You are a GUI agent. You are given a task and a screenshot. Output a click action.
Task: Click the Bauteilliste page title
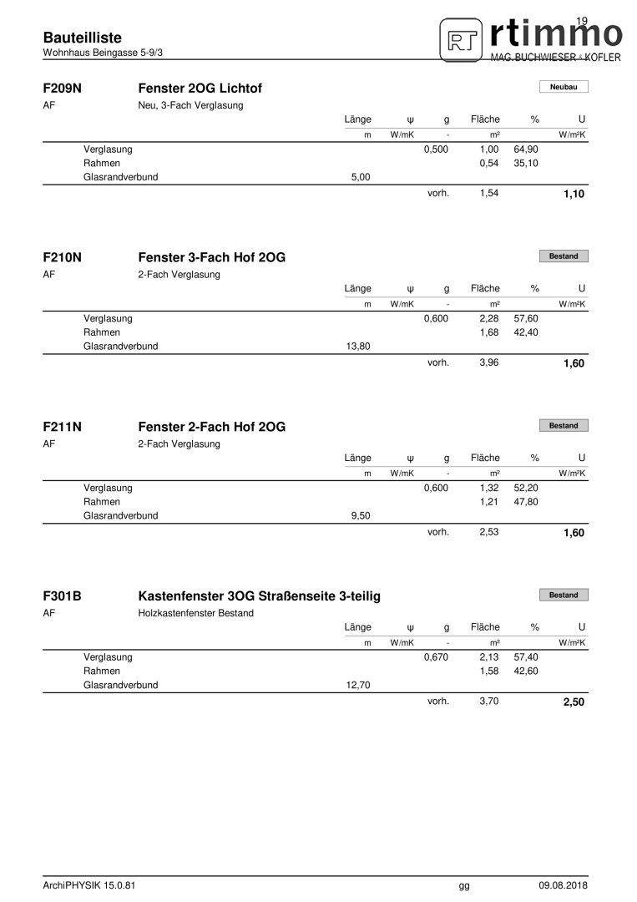(x=82, y=38)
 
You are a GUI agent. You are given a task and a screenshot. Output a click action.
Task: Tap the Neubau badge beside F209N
(x=564, y=87)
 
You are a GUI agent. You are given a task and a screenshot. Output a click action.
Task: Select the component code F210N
(x=62, y=257)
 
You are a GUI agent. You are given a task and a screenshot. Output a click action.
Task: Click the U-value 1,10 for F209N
(x=574, y=195)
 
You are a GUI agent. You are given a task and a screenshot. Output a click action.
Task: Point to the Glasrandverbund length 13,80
(x=357, y=346)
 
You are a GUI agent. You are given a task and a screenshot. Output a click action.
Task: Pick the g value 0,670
(x=436, y=657)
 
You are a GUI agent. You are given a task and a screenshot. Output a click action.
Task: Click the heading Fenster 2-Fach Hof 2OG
(x=211, y=427)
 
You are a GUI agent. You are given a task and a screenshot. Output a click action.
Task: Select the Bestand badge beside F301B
(x=564, y=595)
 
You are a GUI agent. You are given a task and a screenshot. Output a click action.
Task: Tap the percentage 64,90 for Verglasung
(x=526, y=149)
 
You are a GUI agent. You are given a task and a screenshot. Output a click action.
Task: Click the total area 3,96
(x=488, y=362)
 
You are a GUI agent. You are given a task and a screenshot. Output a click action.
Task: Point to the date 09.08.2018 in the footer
(x=563, y=885)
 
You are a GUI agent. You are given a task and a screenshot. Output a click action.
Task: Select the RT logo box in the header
(x=461, y=41)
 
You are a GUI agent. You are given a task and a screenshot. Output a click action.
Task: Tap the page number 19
(x=582, y=20)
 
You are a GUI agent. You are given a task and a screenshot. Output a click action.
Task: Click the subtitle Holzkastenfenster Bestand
(x=195, y=613)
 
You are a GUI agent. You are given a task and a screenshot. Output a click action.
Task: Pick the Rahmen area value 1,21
(x=488, y=502)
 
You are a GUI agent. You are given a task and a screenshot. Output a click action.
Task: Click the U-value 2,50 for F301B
(x=574, y=702)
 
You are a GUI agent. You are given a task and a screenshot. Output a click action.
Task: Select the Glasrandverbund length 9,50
(x=360, y=515)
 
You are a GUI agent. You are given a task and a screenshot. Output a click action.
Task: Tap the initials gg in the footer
(x=464, y=885)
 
